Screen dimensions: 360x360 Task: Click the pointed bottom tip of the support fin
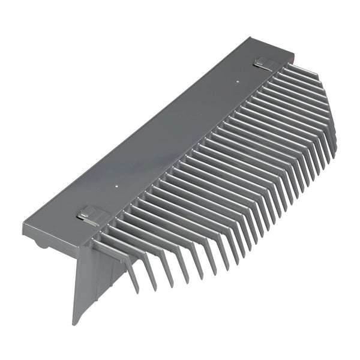coord(75,323)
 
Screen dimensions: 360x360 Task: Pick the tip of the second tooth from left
coord(155,286)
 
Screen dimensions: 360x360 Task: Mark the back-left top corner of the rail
coord(24,223)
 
